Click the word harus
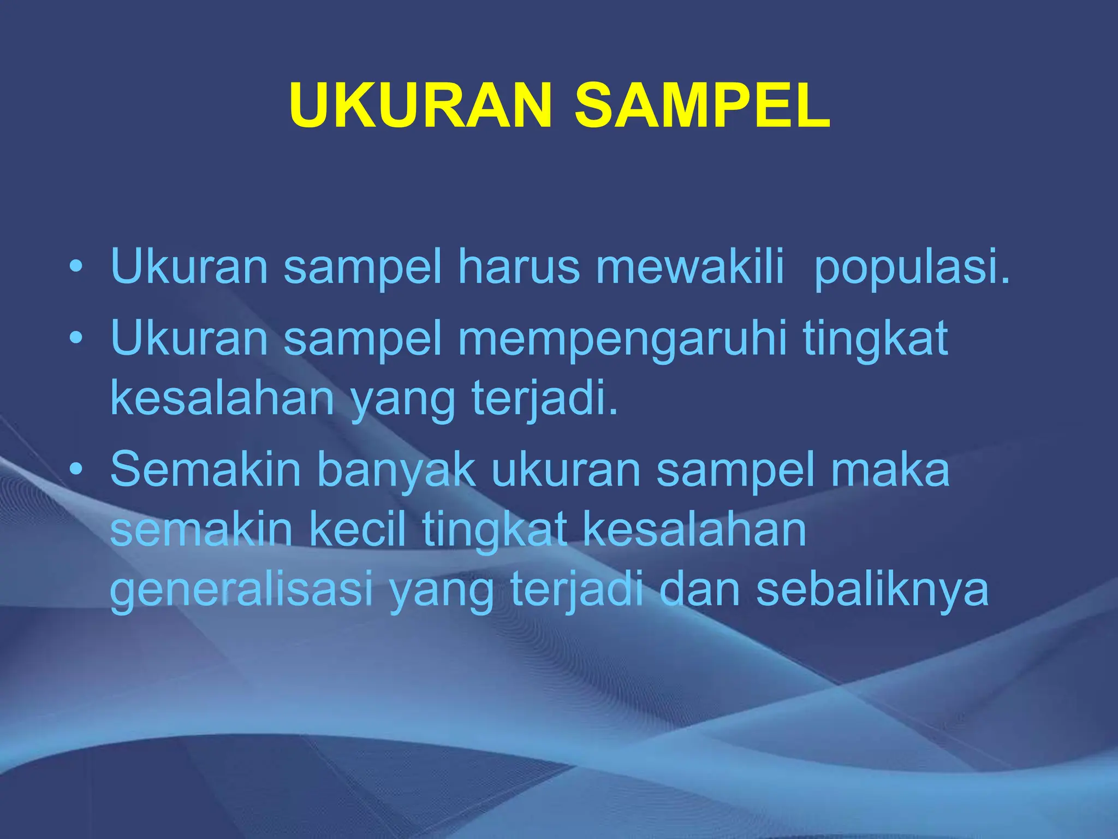[x=519, y=267]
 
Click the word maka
[x=890, y=470]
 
